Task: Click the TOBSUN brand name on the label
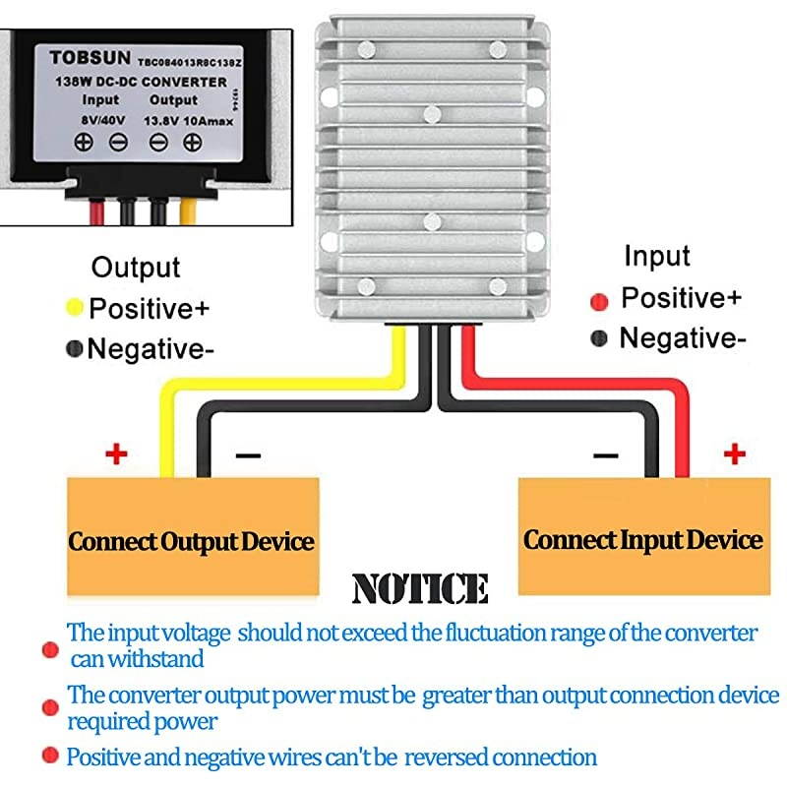pyautogui.click(x=85, y=58)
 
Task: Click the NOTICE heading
pyautogui.click(x=420, y=588)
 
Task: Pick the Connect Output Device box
pyautogui.click(x=192, y=541)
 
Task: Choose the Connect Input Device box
pyautogui.click(x=643, y=539)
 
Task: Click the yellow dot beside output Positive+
pyautogui.click(x=74, y=308)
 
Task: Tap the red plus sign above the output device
pyautogui.click(x=117, y=454)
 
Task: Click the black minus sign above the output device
pyautogui.click(x=248, y=455)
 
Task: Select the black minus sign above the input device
pyautogui.click(x=605, y=454)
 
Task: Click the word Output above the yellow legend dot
pyautogui.click(x=136, y=267)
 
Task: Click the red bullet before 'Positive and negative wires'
pyautogui.click(x=48, y=757)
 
